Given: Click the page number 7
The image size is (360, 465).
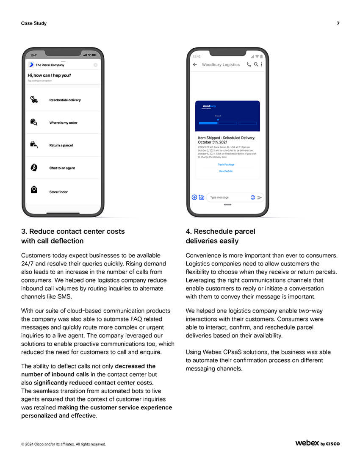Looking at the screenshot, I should (338, 23).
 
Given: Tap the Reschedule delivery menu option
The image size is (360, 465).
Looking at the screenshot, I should (65, 100).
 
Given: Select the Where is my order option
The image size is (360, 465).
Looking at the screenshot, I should (63, 123).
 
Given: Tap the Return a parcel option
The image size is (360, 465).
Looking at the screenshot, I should (61, 145).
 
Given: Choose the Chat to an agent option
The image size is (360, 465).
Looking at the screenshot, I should (62, 168).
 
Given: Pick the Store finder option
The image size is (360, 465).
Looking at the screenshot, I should (58, 192).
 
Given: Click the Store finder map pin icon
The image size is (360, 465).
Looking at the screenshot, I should (34, 190).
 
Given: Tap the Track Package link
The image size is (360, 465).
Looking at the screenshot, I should (226, 164).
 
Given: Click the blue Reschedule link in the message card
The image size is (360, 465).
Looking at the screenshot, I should (226, 171).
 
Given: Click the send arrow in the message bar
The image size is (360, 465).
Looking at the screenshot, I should (260, 197).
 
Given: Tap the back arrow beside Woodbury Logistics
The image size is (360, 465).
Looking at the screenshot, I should (195, 65).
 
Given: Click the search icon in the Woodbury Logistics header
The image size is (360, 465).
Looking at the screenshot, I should (256, 65).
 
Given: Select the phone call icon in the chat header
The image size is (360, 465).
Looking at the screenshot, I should (249, 65).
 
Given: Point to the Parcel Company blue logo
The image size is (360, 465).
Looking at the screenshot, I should (31, 65).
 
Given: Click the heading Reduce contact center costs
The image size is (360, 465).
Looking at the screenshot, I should (73, 236).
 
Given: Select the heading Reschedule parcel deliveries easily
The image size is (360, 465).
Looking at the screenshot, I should (220, 236).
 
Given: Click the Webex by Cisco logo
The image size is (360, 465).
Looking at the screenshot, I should (317, 443).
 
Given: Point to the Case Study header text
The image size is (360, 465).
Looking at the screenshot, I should (34, 23).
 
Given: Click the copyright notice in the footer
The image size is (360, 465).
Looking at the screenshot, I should (64, 444).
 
